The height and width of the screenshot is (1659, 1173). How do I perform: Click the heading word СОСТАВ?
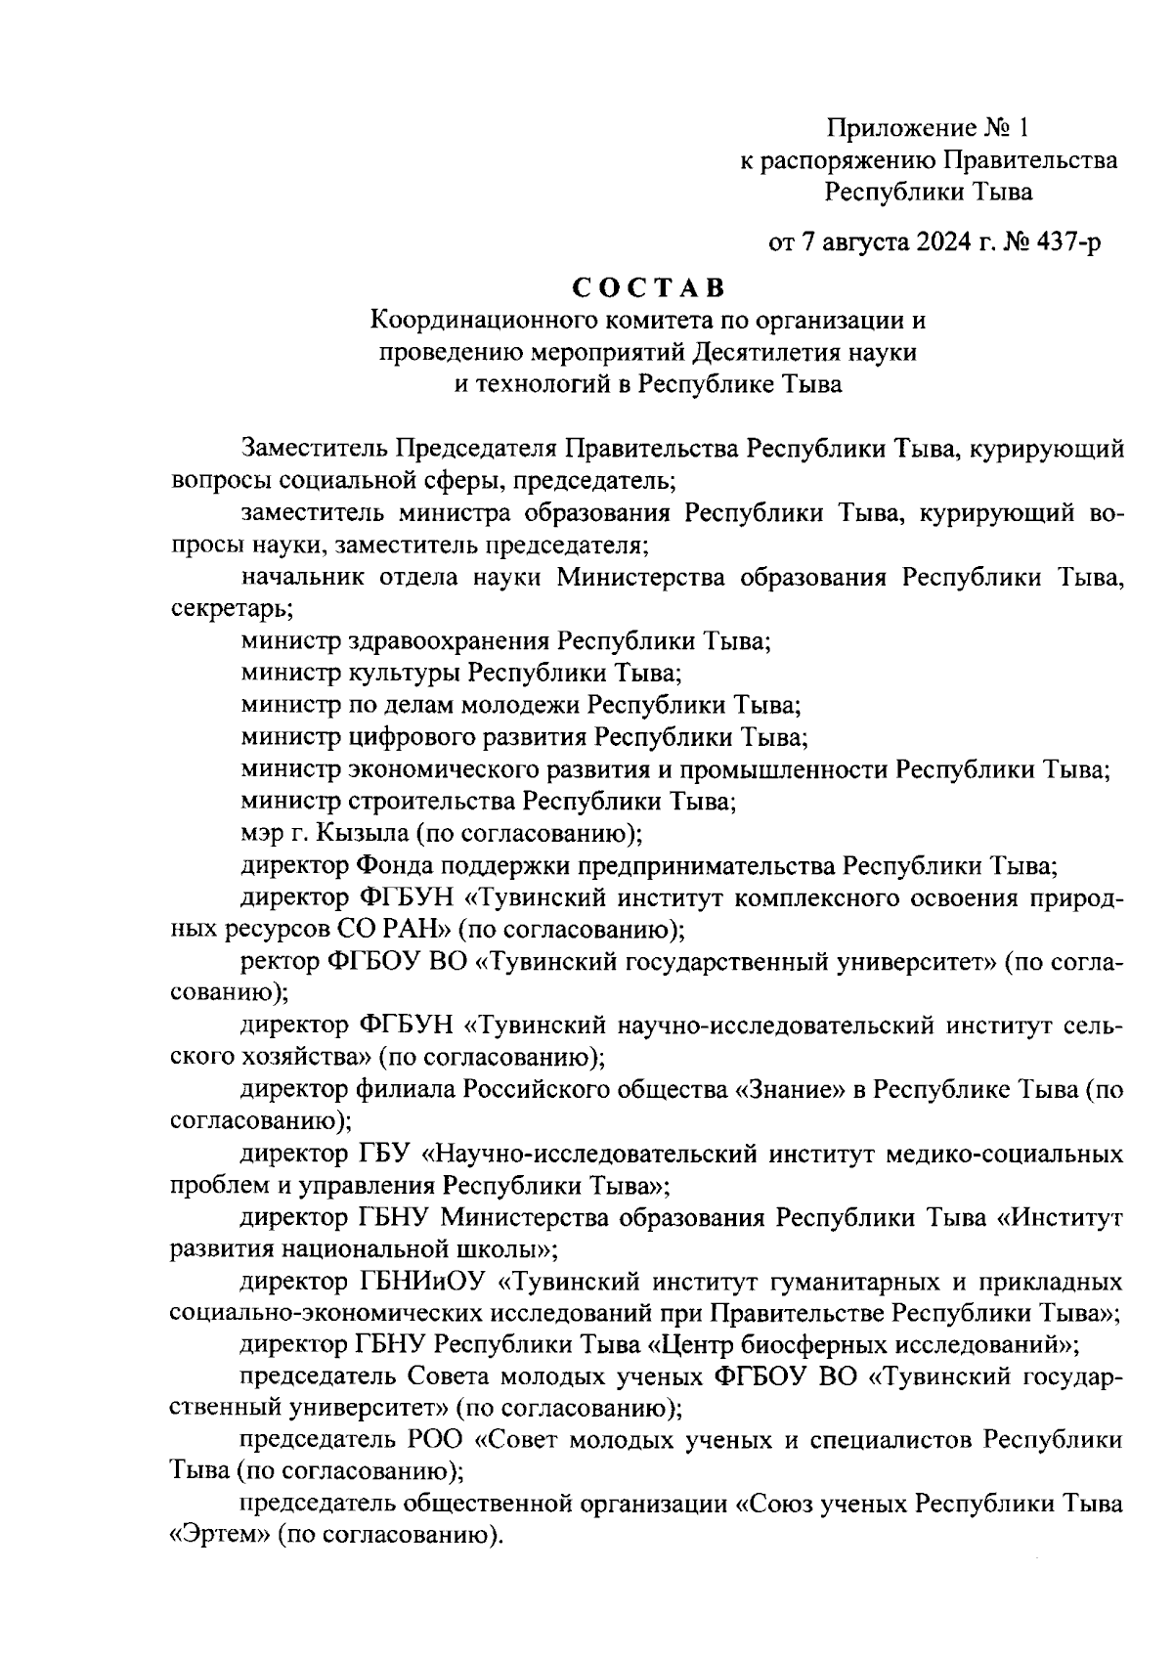pos(647,288)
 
